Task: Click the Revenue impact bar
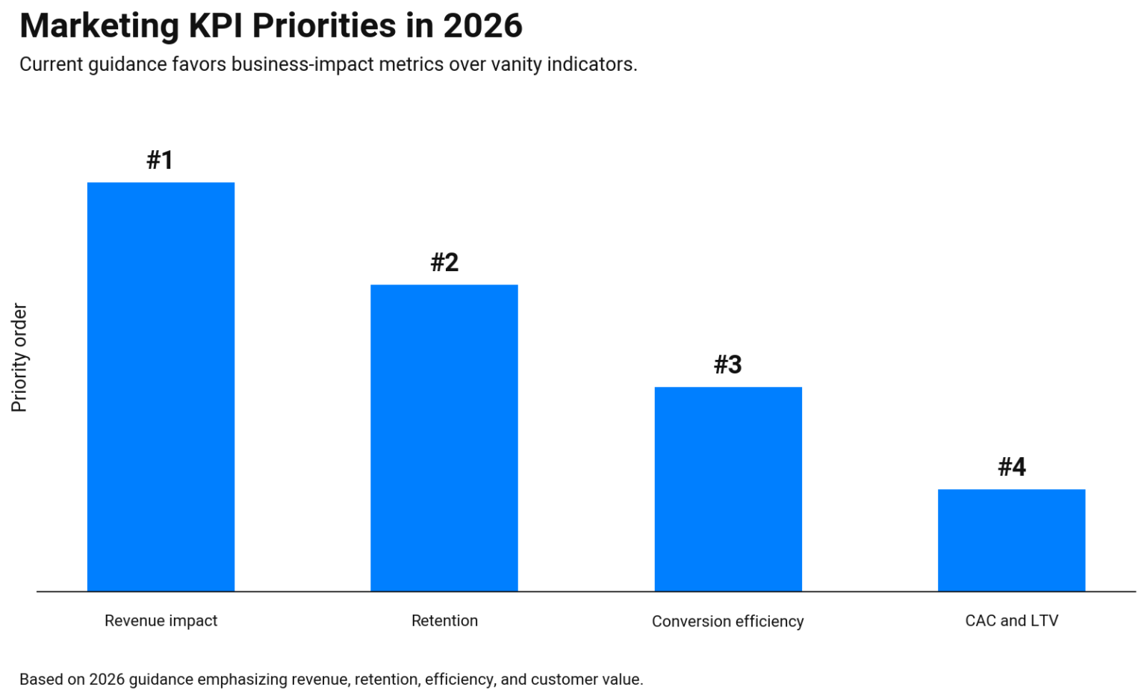click(161, 387)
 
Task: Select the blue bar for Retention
click(444, 438)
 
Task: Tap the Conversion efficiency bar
click(728, 489)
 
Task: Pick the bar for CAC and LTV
click(1011, 540)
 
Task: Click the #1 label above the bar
click(160, 160)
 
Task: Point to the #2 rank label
click(444, 262)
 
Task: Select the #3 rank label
click(727, 364)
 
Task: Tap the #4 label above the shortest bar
click(1012, 467)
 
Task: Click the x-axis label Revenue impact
click(161, 621)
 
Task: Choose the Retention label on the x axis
click(444, 621)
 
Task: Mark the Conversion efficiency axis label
click(727, 621)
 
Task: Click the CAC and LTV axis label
click(1011, 621)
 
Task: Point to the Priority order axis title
click(19, 357)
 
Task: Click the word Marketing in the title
click(99, 26)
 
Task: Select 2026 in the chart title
click(482, 26)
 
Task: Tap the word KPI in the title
click(216, 26)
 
